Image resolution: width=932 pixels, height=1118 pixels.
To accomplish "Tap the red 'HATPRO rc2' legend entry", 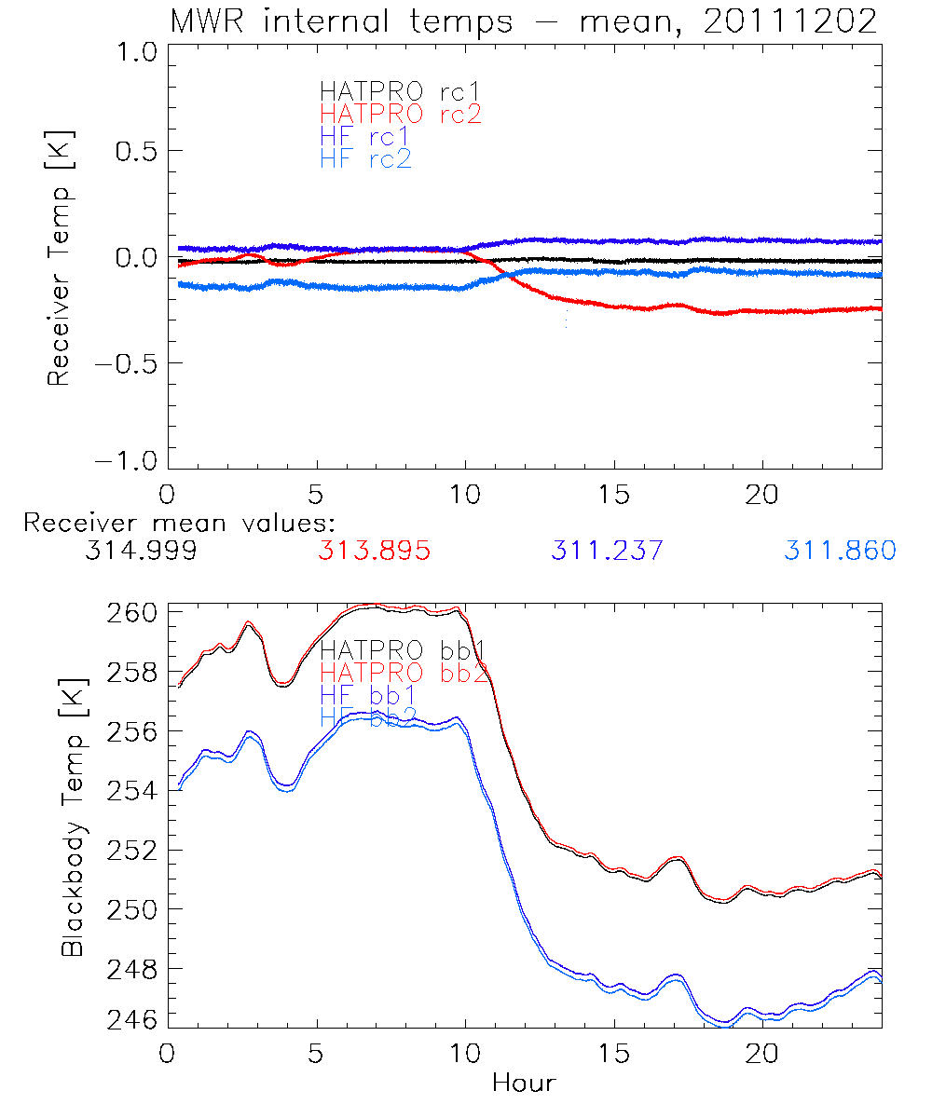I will (401, 115).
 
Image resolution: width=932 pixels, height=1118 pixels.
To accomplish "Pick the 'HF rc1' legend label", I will (365, 137).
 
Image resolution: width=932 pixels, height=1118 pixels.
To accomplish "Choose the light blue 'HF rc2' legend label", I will (365, 159).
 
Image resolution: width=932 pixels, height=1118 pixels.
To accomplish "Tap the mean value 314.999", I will (140, 552).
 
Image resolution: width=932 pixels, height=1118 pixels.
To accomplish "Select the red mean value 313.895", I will (374, 552).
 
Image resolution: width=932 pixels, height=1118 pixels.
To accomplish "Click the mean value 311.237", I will (607, 552).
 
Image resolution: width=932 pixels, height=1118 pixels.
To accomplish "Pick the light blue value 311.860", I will (840, 552).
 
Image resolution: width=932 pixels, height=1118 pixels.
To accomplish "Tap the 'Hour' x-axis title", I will (524, 1084).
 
